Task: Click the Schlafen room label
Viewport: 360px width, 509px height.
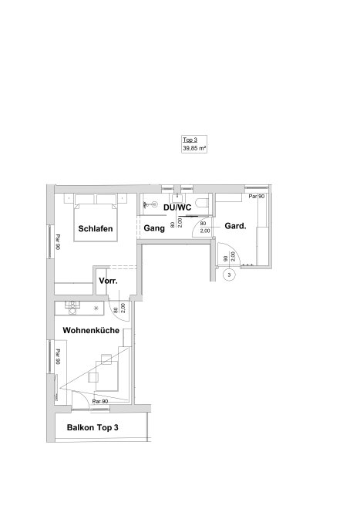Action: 96,228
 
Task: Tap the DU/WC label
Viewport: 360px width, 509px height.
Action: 177,207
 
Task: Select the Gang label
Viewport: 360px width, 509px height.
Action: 154,228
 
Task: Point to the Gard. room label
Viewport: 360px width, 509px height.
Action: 235,226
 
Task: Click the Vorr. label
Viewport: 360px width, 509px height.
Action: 108,281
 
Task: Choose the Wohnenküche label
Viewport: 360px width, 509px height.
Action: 91,330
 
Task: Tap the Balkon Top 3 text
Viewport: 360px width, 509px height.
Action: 93,427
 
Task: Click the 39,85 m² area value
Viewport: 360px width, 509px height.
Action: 194,148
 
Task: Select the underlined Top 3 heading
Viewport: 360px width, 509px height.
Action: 190,140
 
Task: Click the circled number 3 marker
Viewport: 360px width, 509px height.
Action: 230,275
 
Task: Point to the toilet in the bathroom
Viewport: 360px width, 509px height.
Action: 204,201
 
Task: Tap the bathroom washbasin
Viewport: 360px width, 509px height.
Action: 177,197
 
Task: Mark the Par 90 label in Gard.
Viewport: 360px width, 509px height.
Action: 257,197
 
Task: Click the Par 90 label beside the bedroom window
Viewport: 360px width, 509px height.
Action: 58,242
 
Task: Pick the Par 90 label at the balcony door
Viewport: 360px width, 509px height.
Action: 100,402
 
